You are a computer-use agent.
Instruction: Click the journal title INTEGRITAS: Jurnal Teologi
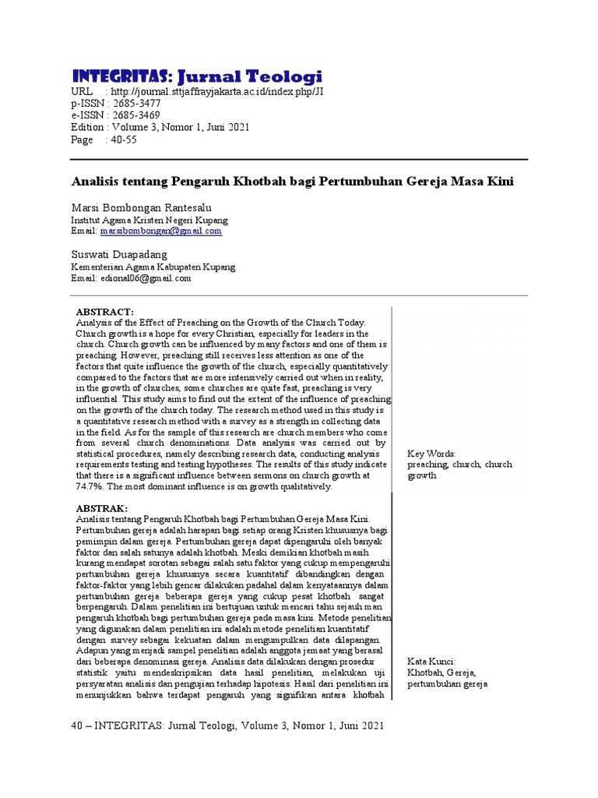point(197,76)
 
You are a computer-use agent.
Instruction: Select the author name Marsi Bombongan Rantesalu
point(141,207)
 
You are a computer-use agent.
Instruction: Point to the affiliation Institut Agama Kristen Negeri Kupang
point(149,220)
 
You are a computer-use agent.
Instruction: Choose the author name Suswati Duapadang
point(119,255)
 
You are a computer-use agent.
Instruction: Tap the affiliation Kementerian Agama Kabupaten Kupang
point(153,267)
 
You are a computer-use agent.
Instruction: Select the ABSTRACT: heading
point(105,311)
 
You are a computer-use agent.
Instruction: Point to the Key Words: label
point(431,454)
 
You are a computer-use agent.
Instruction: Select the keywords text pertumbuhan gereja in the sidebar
point(447,684)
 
